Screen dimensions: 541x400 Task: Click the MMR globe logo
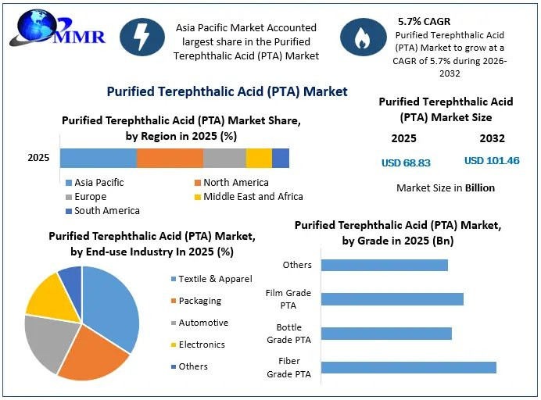tap(57, 27)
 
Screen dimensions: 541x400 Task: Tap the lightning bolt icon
tap(142, 37)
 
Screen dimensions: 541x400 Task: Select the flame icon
tap(363, 37)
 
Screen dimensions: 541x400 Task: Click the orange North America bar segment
tap(170, 159)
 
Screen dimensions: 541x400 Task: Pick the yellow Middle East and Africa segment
tap(259, 159)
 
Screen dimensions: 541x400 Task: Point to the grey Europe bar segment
tap(225, 159)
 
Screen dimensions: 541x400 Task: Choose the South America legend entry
tap(103, 211)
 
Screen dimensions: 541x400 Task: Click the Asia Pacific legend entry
tap(95, 182)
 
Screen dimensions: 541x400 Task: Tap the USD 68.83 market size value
tap(406, 162)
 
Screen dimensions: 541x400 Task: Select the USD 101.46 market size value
tap(492, 161)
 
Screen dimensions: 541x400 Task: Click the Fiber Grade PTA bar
tap(409, 368)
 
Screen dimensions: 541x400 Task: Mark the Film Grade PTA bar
tap(392, 299)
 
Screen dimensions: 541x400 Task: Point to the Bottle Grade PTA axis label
tap(288, 334)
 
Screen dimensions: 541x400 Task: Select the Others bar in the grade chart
tap(385, 265)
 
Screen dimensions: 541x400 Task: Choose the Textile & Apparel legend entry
tap(212, 279)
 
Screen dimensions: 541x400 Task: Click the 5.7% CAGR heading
tap(424, 21)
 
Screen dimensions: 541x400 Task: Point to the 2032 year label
tap(492, 138)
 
